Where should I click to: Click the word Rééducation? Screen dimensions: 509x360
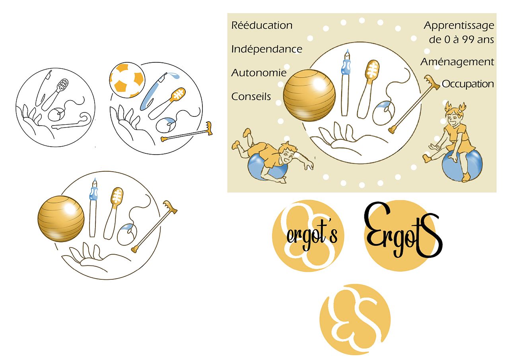point(262,25)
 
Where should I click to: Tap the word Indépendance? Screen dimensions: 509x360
point(267,49)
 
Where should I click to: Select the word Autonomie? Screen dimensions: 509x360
point(259,73)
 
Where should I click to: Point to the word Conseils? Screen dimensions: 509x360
point(251,97)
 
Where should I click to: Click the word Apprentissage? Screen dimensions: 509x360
point(459,26)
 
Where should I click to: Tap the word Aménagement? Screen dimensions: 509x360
point(457,62)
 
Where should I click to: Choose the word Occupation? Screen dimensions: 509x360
point(468,84)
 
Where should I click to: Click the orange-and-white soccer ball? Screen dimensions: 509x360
point(126,80)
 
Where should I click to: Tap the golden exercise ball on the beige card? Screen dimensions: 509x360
point(309,95)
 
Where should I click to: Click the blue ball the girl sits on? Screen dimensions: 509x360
point(462,165)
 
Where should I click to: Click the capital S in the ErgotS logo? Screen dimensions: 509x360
point(429,235)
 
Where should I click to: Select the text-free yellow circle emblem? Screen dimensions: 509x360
point(355,319)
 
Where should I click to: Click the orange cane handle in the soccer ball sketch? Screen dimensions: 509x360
point(209,128)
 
